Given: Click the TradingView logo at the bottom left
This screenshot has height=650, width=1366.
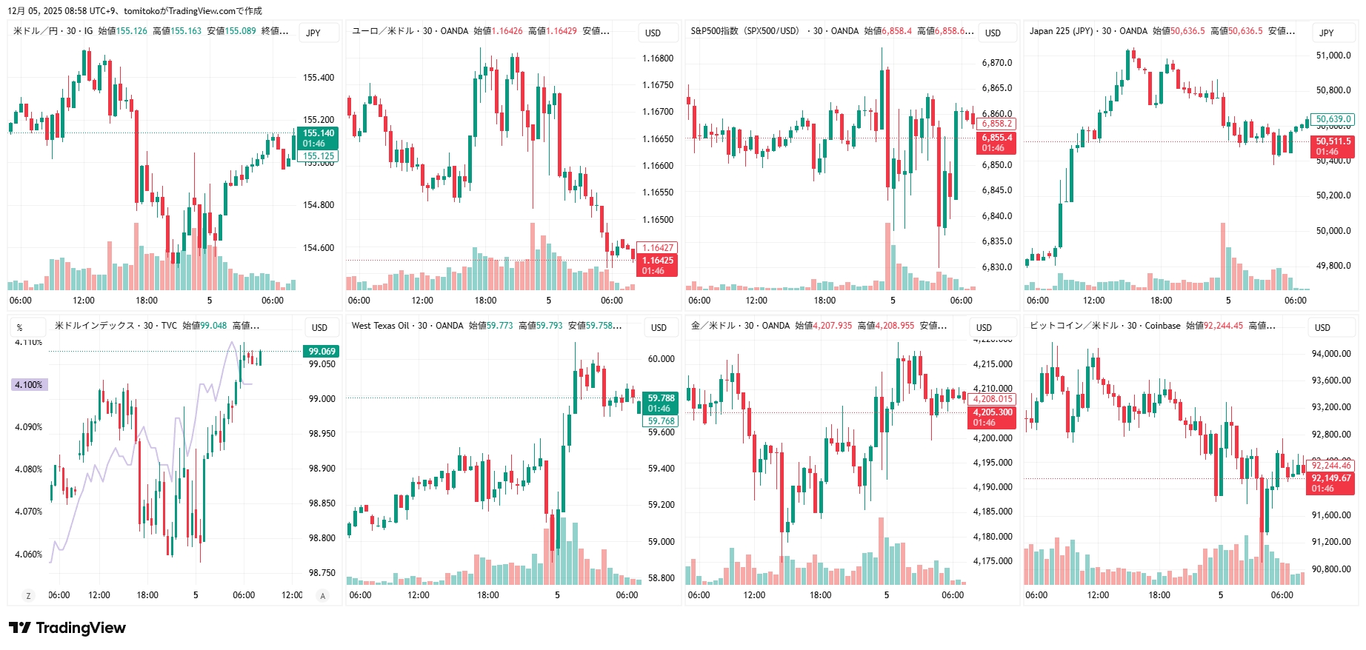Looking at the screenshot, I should click(68, 628).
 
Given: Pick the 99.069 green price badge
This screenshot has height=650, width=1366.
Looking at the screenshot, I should click(321, 352).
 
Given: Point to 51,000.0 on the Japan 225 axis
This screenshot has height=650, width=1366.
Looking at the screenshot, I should click(1333, 56).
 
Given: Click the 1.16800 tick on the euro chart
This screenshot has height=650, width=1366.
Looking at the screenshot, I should click(657, 58).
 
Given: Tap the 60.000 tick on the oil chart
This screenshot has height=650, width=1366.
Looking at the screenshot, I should click(661, 359).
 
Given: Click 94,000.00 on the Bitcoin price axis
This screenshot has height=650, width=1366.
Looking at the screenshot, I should click(1330, 354).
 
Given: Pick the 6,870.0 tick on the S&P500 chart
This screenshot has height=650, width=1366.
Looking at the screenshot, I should click(996, 63).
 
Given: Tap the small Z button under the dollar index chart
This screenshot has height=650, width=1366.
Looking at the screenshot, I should click(29, 596).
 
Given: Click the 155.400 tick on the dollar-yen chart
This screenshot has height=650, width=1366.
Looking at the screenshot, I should click(318, 78).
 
